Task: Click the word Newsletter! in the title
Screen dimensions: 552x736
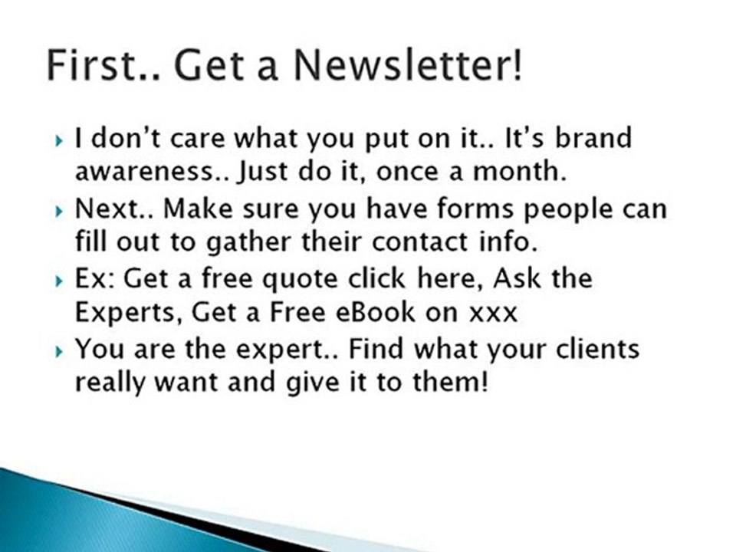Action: (x=409, y=67)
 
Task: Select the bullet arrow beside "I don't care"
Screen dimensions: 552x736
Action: (x=61, y=141)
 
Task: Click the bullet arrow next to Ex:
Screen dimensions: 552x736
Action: (x=61, y=281)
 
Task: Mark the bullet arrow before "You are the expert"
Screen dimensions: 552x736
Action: (x=61, y=351)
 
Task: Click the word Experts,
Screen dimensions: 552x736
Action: (x=127, y=313)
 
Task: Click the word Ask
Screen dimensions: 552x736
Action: (x=519, y=278)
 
